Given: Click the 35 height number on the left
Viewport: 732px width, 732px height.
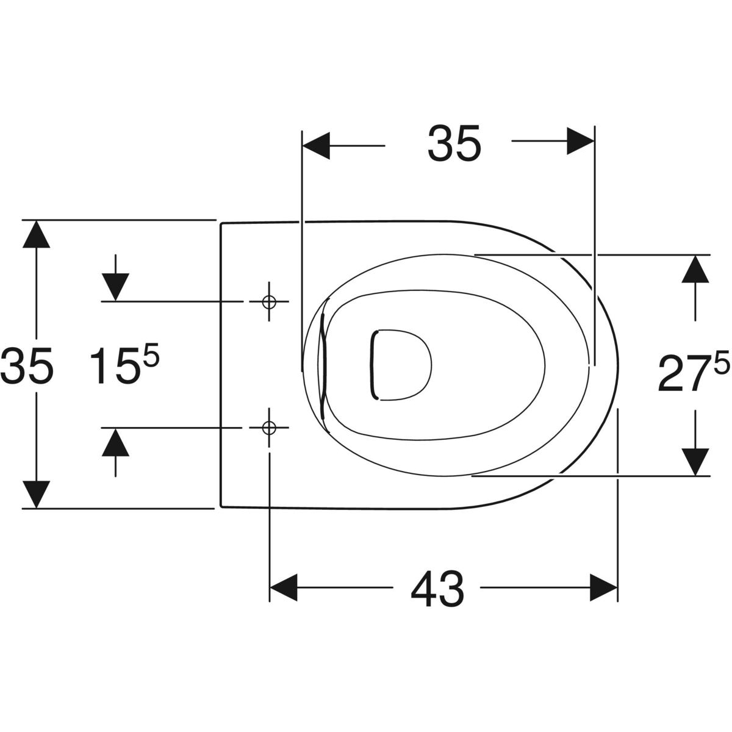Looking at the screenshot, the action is point(27,365).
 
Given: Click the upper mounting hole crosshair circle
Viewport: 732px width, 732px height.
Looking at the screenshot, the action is point(269,301).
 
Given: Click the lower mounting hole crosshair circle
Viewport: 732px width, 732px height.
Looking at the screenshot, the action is point(269,428).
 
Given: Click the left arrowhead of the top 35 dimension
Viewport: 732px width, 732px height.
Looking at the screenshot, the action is point(315,146).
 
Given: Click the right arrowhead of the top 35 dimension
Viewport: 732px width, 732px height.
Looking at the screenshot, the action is point(581,141).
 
